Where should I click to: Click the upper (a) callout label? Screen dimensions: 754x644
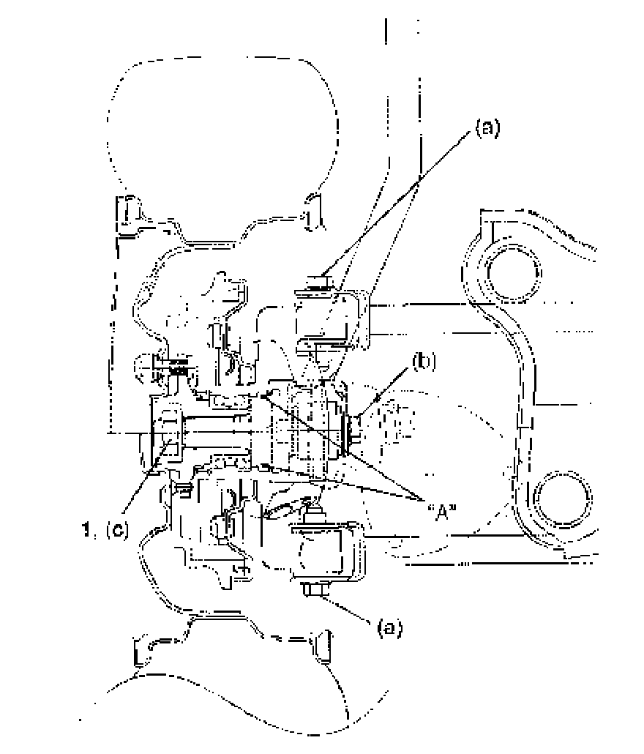pyautogui.click(x=487, y=129)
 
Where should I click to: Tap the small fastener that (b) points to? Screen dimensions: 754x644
pyautogui.click(x=352, y=428)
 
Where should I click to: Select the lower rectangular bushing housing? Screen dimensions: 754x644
pyautogui.click(x=322, y=553)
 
